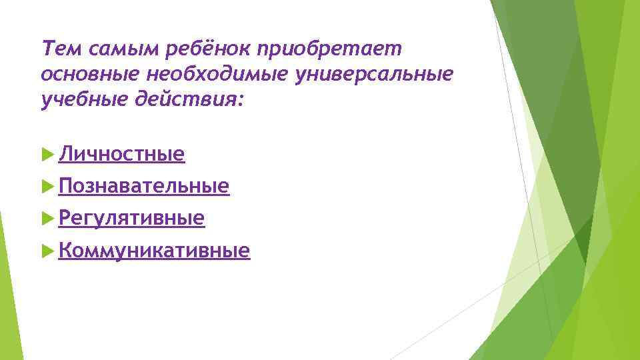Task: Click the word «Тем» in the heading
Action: pos(57,48)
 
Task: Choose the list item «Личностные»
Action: pos(121,155)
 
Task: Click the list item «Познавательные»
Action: pos(144,187)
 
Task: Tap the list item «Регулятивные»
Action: pos(131,219)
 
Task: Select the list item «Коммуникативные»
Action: pos(154,251)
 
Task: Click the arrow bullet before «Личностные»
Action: pos(47,155)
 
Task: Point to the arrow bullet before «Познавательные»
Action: pos(47,186)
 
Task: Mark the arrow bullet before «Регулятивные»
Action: pos(47,218)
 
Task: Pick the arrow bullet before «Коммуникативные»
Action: pos(47,250)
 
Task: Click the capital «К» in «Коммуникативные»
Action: pos(64,251)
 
